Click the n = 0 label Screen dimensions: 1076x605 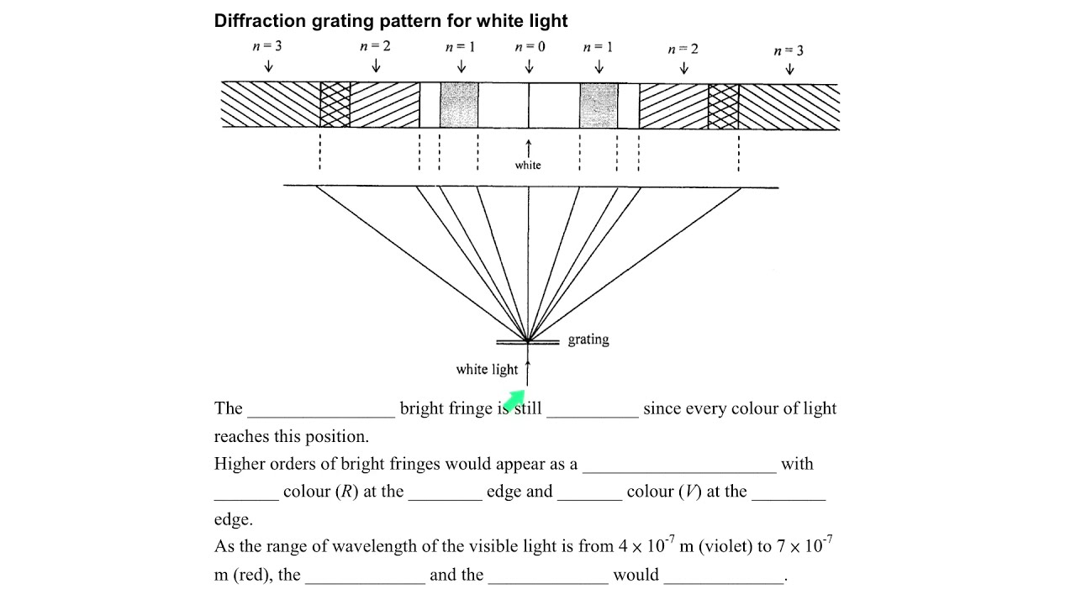click(x=530, y=46)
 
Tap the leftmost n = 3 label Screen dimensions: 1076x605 click(x=267, y=46)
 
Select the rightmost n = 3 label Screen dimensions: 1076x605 click(x=789, y=50)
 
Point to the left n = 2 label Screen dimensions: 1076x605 click(x=375, y=46)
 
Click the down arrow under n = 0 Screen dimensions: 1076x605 click(x=529, y=66)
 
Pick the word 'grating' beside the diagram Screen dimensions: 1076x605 click(x=588, y=339)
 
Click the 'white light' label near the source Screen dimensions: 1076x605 click(x=487, y=369)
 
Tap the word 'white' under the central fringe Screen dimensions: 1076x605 click(x=528, y=166)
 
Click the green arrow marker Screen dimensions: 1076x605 click(x=515, y=399)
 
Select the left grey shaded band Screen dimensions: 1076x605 click(x=459, y=105)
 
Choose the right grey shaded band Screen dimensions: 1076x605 click(x=599, y=106)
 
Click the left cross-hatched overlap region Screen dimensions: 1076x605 click(x=335, y=105)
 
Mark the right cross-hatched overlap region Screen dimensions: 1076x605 click(x=724, y=107)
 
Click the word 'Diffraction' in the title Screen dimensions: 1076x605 click(x=260, y=21)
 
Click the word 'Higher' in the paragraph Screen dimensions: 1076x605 click(x=240, y=464)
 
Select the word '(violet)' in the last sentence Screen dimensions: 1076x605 click(x=725, y=546)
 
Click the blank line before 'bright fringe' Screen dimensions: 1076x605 click(x=321, y=417)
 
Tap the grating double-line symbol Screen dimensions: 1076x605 click(x=528, y=342)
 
